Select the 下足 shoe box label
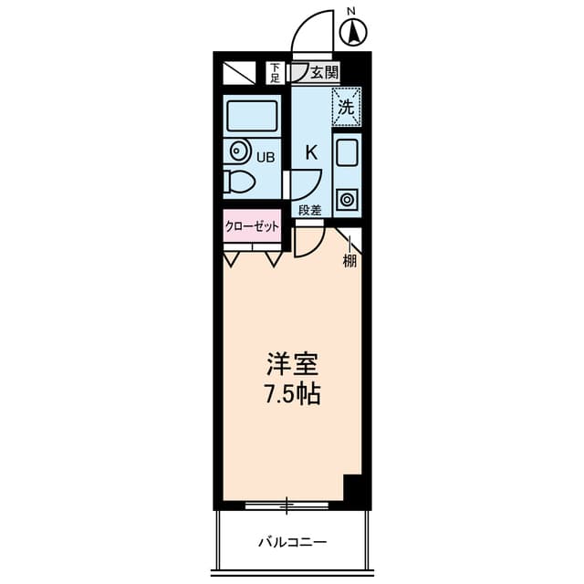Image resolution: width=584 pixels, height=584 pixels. (x=274, y=72)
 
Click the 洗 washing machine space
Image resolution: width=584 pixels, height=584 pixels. (x=346, y=106)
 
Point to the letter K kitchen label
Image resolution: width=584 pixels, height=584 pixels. (x=310, y=152)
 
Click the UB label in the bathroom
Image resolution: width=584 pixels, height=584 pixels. (x=265, y=157)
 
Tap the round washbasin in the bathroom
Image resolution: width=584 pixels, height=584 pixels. (x=239, y=151)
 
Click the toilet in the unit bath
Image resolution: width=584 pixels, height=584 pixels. (x=239, y=181)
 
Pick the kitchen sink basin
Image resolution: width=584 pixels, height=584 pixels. (x=347, y=151)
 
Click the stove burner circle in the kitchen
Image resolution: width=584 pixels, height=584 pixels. (x=347, y=198)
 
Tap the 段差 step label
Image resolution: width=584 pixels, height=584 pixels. (x=310, y=211)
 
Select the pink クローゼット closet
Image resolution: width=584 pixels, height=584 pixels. (x=252, y=227)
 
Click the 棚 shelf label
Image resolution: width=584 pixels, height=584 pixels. (x=349, y=263)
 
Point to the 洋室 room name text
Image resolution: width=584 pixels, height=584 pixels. (x=292, y=365)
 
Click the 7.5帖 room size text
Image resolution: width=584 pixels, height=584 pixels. (x=292, y=397)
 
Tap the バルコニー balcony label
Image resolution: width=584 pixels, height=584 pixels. (x=291, y=542)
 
